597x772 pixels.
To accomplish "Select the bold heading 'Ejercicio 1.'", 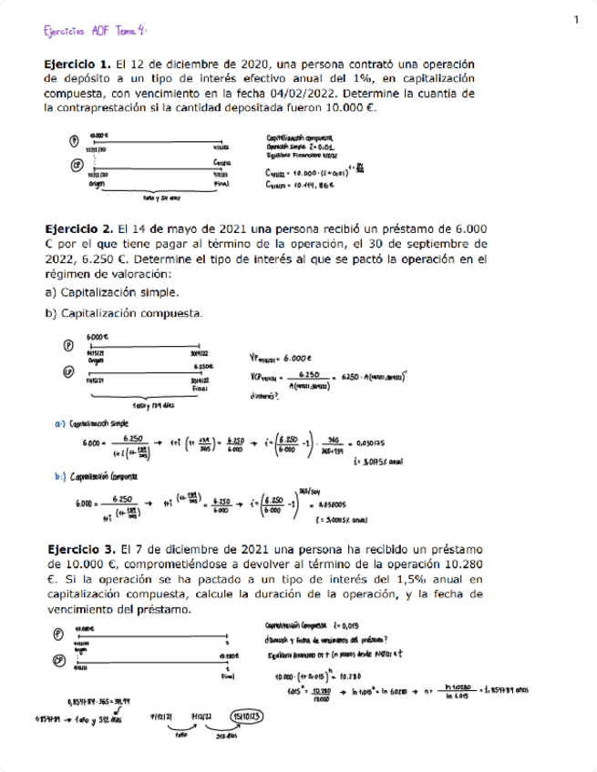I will click(77, 65).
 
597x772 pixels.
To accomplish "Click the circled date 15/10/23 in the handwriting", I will click(249, 716).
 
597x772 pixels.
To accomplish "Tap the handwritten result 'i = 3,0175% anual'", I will click(522, 462).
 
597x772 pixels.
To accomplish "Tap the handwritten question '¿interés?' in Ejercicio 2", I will click(264, 394).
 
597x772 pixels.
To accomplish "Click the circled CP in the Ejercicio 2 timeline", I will click(67, 371).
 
